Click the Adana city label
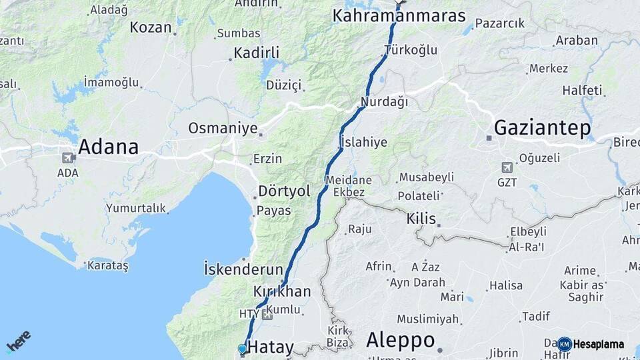(x=108, y=147)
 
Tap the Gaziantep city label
(x=542, y=128)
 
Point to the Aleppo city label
(x=400, y=340)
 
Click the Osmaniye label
(x=222, y=128)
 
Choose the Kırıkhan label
(x=282, y=291)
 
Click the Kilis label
(x=421, y=219)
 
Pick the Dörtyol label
(x=284, y=191)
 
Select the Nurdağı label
(x=383, y=102)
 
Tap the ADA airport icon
(x=67, y=159)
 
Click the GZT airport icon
(x=507, y=167)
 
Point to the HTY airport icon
(x=267, y=314)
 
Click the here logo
(x=19, y=341)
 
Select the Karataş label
(x=107, y=265)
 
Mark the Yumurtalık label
(x=135, y=208)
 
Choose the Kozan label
(x=151, y=27)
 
